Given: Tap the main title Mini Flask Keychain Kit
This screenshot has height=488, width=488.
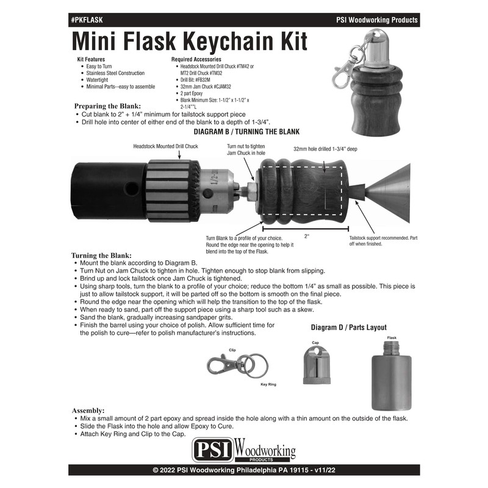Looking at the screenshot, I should tap(190, 41).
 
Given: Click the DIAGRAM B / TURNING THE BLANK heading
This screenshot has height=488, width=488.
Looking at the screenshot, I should tap(246, 132).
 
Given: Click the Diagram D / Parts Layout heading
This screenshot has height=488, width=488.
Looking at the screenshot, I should tap(348, 328).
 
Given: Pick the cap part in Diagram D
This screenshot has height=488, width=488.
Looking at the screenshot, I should tap(315, 367).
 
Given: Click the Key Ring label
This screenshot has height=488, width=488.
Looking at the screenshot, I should tap(268, 385).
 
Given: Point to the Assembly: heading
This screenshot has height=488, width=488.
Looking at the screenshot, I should tap(88, 410).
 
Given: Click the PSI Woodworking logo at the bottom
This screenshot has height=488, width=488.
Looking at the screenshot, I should tap(244, 453).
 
